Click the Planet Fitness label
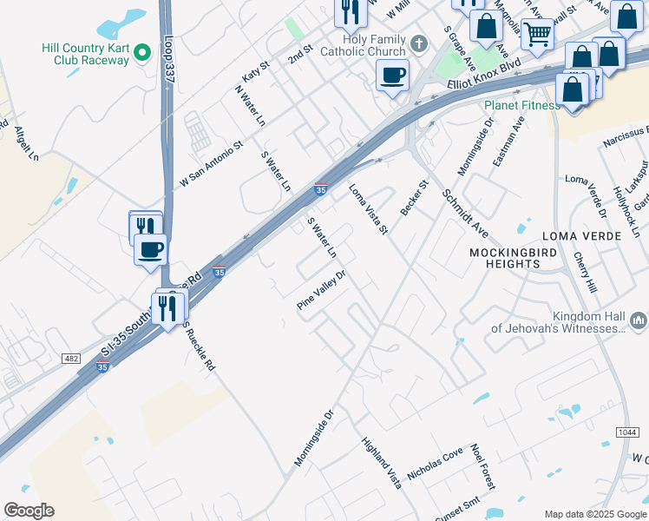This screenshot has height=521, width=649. (x=522, y=106)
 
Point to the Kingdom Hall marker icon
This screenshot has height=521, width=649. (x=639, y=322)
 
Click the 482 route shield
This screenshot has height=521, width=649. (x=71, y=359)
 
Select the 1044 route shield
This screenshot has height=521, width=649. (x=628, y=432)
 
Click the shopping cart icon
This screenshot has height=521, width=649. (x=538, y=35)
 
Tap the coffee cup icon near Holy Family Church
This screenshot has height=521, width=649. (x=393, y=76)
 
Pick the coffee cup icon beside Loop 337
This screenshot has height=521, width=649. (x=151, y=250)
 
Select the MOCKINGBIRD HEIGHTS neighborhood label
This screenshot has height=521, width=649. (x=513, y=258)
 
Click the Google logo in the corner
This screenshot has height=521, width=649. (x=29, y=511)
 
